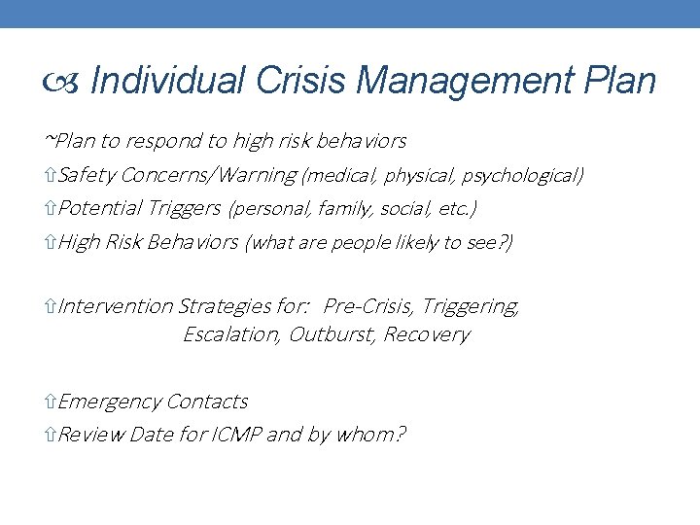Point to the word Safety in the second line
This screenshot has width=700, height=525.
pyautogui.click(x=88, y=175)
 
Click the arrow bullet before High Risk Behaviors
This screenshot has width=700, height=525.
pyautogui.click(x=52, y=242)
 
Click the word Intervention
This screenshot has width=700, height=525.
pyautogui.click(x=116, y=306)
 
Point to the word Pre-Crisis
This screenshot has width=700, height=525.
pyautogui.click(x=368, y=306)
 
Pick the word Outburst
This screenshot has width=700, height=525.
pyautogui.click(x=332, y=334)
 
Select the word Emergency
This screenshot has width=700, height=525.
pyautogui.click(x=110, y=402)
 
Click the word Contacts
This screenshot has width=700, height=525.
pyautogui.click(x=208, y=402)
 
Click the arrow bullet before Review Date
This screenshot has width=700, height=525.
pyautogui.click(x=52, y=434)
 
